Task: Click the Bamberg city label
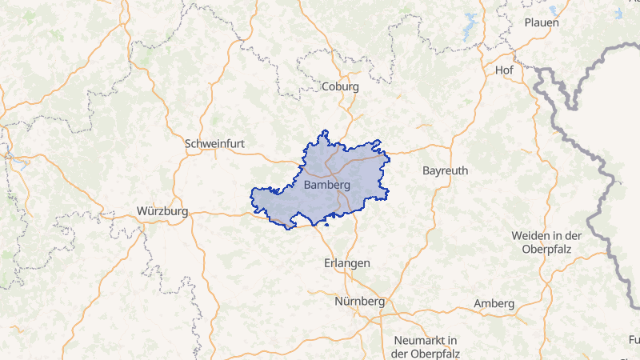click(x=327, y=185)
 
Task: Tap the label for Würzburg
click(x=162, y=212)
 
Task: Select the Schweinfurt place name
click(x=214, y=144)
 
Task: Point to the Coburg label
click(x=340, y=86)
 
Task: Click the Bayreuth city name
click(x=445, y=171)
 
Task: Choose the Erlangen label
click(x=347, y=263)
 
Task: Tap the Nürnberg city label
click(x=359, y=302)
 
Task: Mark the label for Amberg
click(x=494, y=303)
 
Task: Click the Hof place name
click(x=504, y=70)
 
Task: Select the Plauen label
click(x=542, y=22)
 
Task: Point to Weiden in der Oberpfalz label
click(x=546, y=242)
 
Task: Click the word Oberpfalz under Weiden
click(x=546, y=250)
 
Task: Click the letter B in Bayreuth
click(x=426, y=171)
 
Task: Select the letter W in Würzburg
click(x=142, y=212)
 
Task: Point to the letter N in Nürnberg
click(x=338, y=302)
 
